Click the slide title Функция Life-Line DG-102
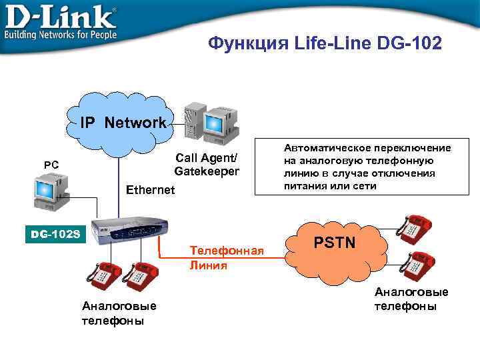(x=324, y=44)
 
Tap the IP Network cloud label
(x=123, y=123)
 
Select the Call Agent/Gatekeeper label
(x=206, y=165)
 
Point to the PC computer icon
(x=49, y=190)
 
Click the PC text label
(x=51, y=164)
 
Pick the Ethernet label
(x=150, y=190)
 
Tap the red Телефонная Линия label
(x=227, y=257)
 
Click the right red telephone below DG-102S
(x=141, y=275)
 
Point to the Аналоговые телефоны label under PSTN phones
(x=411, y=299)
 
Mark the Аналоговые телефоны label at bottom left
(x=119, y=313)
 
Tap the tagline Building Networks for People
(x=61, y=34)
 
